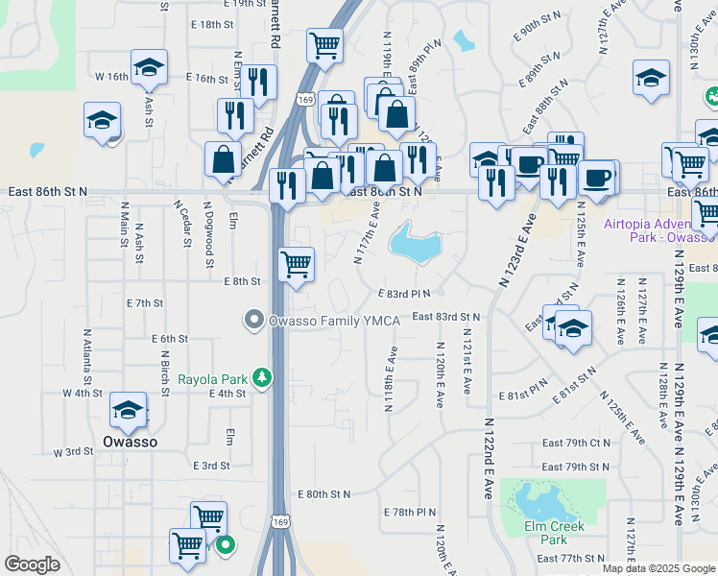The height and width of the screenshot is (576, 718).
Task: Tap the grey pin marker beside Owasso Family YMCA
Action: click(254, 320)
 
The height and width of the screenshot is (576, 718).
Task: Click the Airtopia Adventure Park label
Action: click(660, 230)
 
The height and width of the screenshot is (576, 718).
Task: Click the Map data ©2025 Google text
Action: click(658, 568)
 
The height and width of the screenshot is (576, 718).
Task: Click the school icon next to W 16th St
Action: click(148, 70)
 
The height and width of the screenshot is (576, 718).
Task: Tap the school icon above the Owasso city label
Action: click(128, 411)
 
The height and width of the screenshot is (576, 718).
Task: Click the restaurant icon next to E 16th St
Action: click(257, 83)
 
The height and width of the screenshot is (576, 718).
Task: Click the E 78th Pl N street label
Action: click(410, 513)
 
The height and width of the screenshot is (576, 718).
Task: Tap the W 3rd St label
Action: click(73, 451)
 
